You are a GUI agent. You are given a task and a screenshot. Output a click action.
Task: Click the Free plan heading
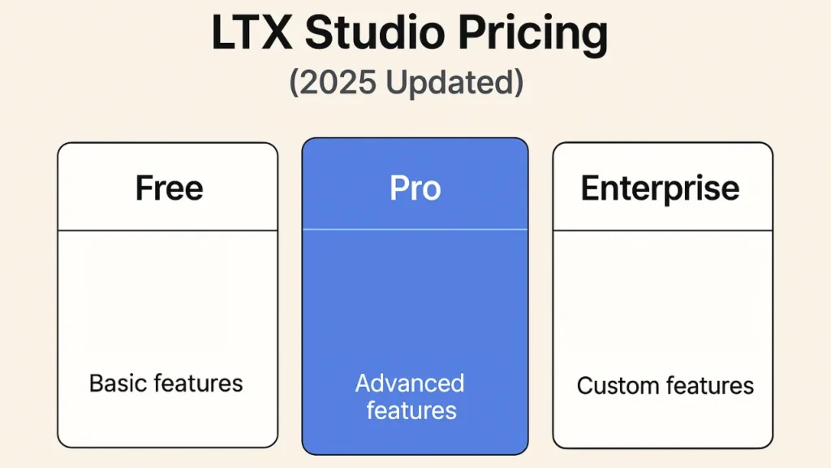coord(169,188)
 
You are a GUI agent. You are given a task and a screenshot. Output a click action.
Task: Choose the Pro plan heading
coord(415,188)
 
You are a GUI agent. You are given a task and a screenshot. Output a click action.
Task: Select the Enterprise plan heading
coord(660,189)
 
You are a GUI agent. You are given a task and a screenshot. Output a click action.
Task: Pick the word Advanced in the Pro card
coord(410,383)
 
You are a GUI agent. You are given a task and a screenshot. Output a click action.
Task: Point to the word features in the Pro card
coord(411,410)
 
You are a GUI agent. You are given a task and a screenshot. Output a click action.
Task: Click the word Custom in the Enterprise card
coord(614,385)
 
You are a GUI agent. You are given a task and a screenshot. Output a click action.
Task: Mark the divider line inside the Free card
coord(167,231)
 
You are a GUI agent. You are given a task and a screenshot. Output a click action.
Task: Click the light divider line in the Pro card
coord(415,230)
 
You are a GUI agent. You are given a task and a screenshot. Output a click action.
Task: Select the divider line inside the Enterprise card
coord(662,231)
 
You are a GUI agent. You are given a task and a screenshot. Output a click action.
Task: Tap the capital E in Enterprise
coord(589,189)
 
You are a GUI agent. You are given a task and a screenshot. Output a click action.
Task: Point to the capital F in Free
coord(144,188)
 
